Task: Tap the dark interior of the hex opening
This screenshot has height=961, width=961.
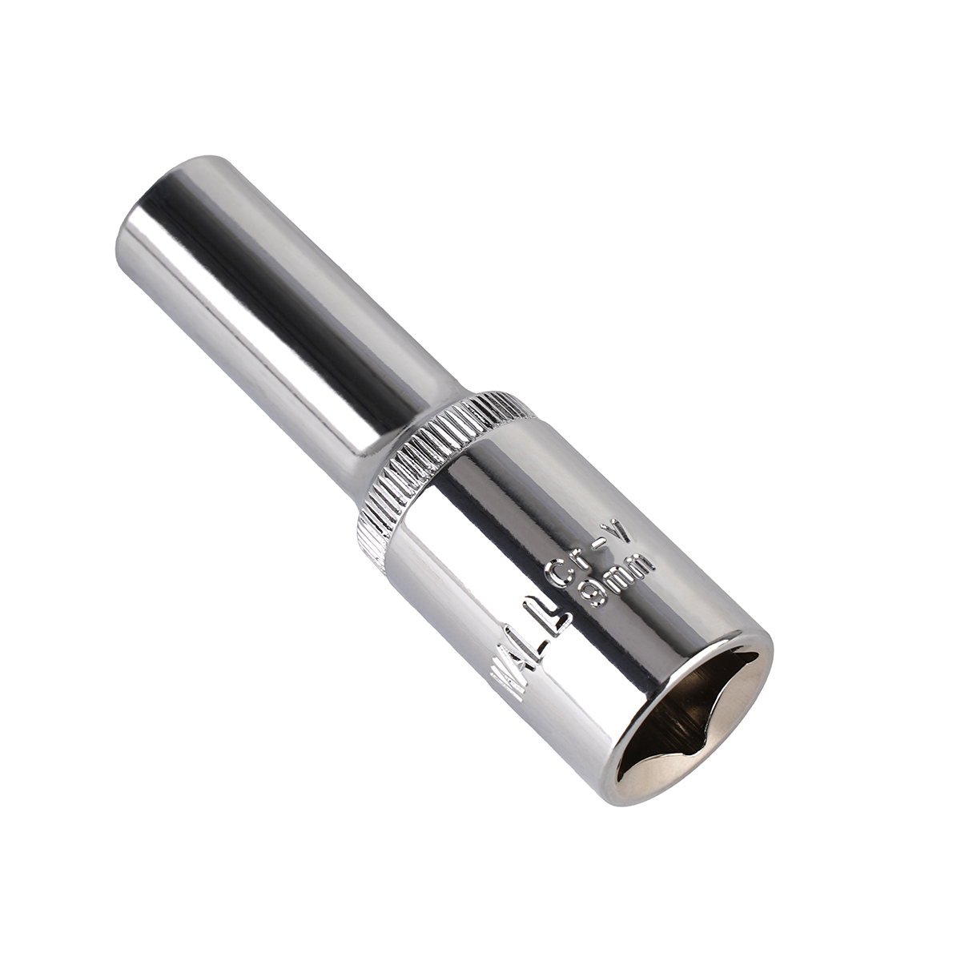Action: [689, 721]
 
